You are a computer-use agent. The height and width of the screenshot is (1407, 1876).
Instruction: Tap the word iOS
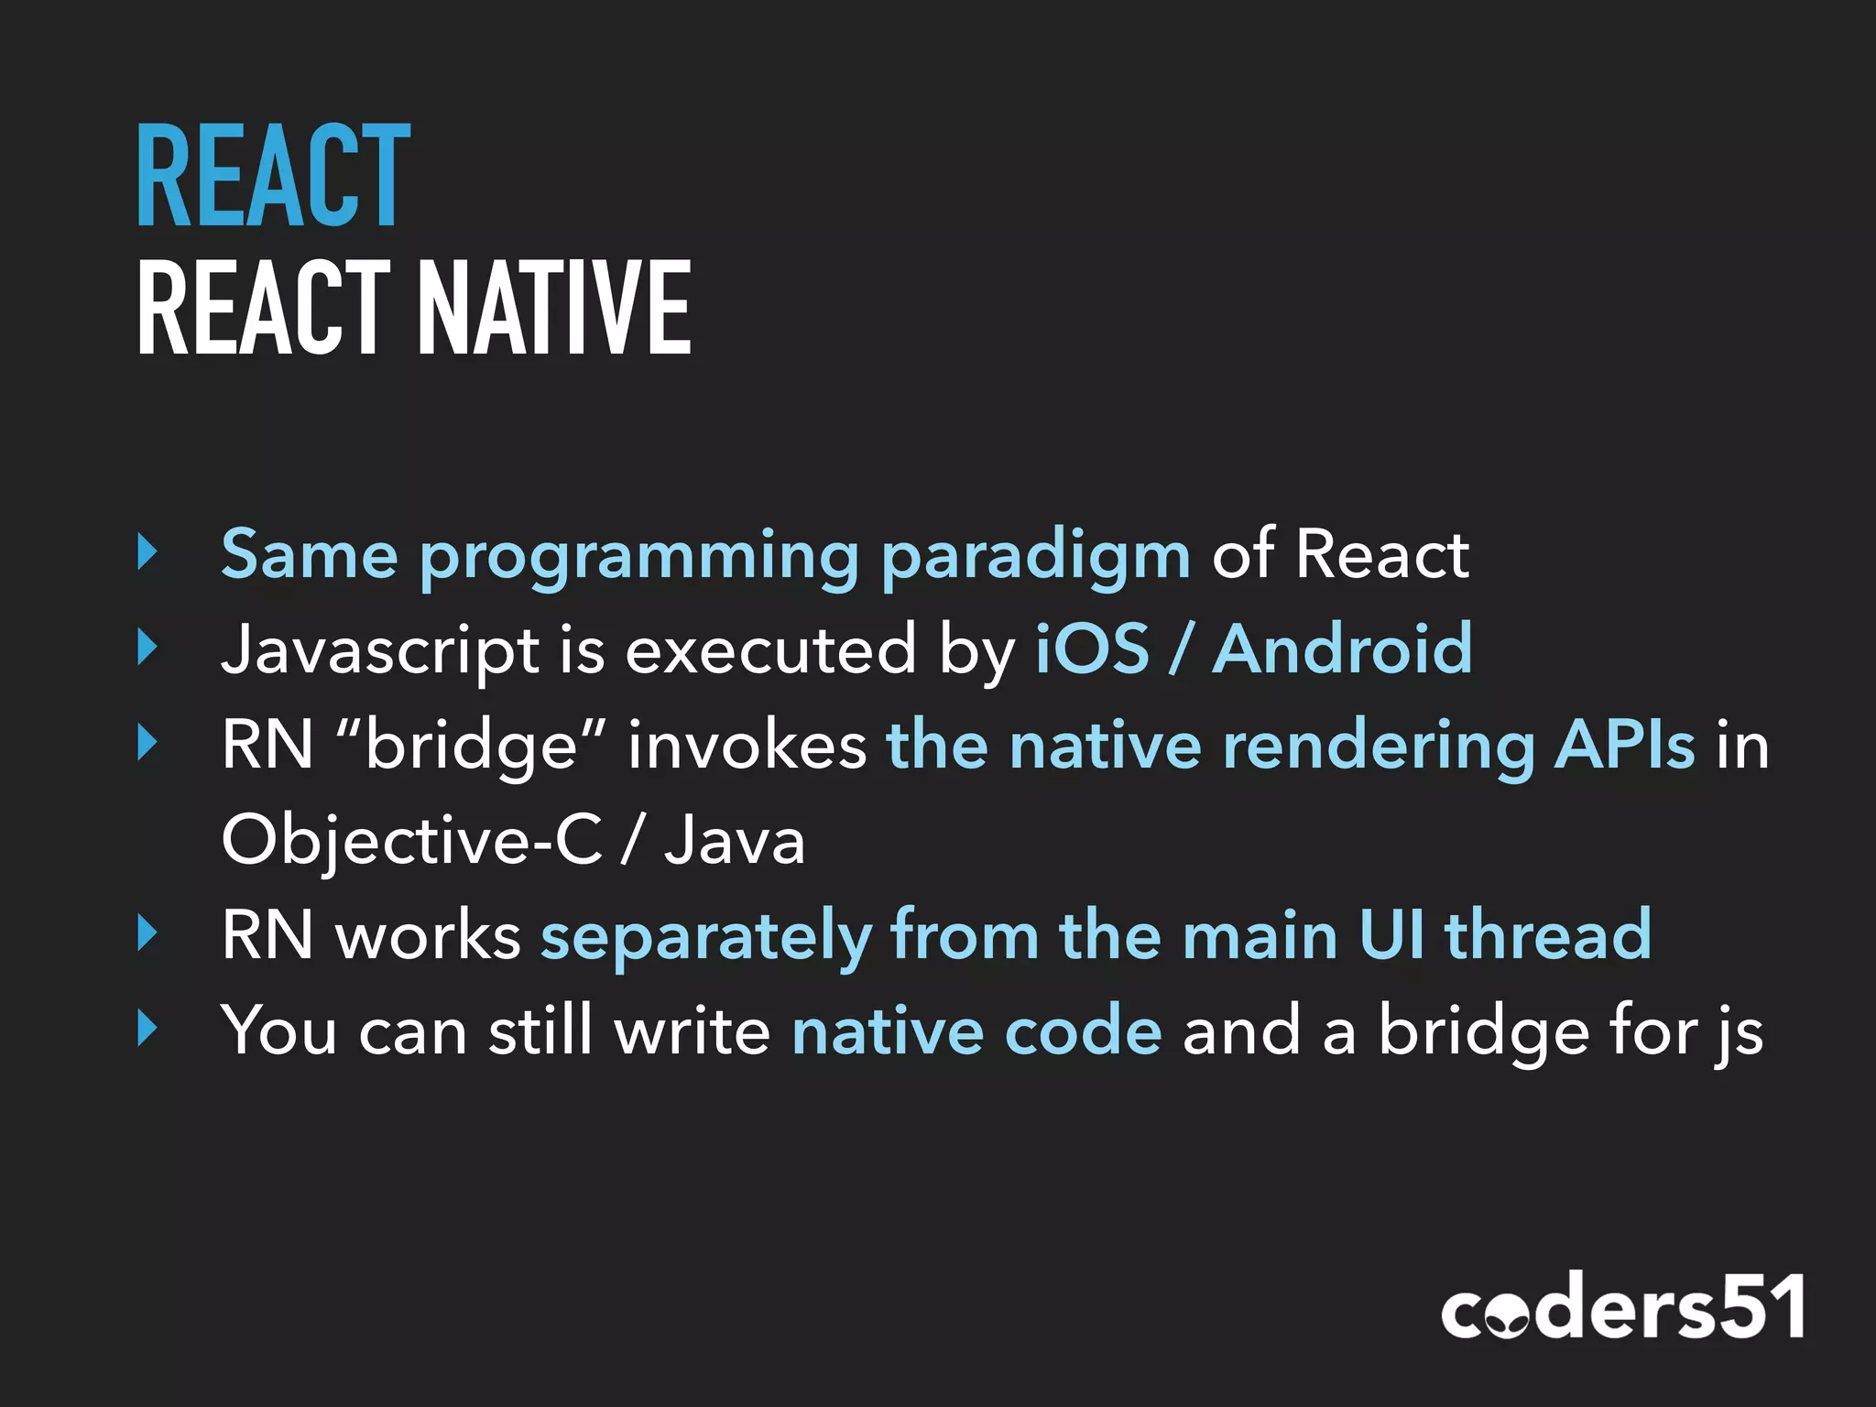[1092, 649]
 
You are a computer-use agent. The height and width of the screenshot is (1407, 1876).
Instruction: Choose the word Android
[1343, 649]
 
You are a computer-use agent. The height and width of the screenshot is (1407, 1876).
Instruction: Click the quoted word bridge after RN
[472, 746]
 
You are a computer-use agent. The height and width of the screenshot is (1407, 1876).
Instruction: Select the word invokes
[747, 746]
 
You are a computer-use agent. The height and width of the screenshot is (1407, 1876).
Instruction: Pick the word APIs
[1625, 746]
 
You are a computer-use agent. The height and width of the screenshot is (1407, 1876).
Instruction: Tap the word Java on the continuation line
[735, 841]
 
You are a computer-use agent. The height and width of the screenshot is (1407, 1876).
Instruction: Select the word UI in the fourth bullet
[1391, 935]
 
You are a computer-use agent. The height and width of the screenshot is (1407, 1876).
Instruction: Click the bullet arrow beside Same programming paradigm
[147, 552]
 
